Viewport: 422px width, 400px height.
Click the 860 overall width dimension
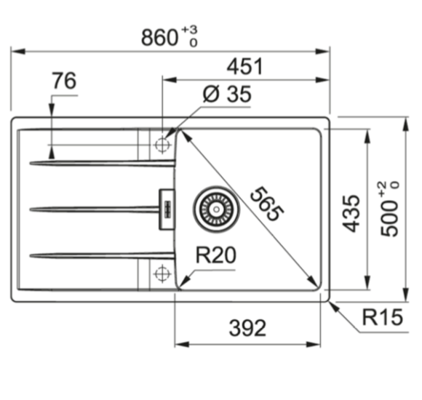[x=159, y=36]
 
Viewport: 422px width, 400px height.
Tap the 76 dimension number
[x=64, y=81]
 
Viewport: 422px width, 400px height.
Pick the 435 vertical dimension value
[x=351, y=213]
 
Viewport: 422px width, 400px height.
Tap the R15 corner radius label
[x=381, y=317]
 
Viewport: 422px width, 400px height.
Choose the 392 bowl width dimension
[x=247, y=329]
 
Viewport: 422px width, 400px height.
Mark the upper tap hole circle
[x=161, y=144]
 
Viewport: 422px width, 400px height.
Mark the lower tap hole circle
[x=161, y=273]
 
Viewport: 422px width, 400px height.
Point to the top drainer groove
[x=102, y=162]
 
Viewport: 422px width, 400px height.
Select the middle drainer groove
[x=95, y=209]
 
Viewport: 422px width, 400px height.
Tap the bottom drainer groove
[x=102, y=255]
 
